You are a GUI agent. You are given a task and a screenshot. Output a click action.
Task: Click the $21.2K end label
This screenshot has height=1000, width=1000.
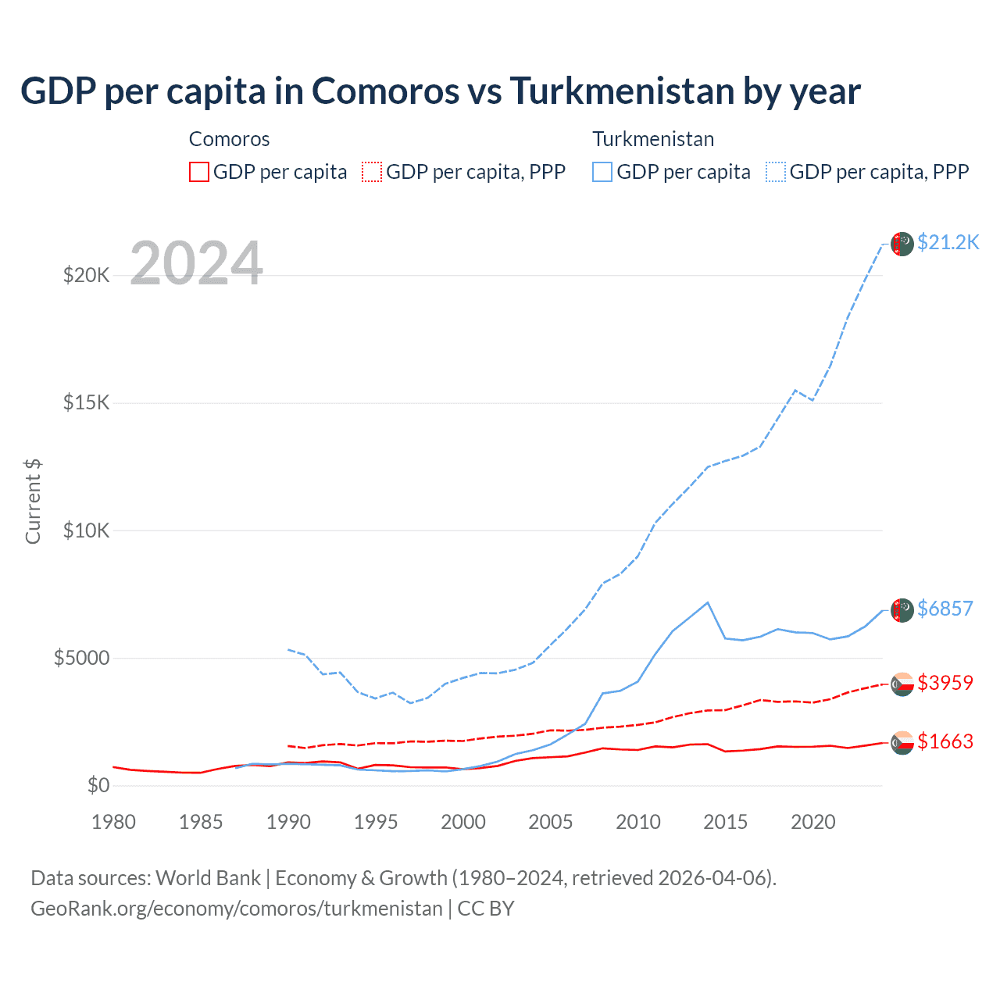pos(948,243)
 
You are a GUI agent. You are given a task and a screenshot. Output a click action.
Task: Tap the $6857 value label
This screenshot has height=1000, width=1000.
pos(945,609)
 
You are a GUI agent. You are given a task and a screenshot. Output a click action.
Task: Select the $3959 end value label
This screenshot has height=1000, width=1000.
pos(945,683)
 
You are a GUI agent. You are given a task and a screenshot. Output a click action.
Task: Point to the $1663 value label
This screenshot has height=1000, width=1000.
pos(945,741)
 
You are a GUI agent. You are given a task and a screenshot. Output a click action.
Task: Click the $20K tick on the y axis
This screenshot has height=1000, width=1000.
pos(86,275)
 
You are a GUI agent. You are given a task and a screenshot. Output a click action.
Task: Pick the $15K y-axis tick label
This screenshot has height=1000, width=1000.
pos(86,403)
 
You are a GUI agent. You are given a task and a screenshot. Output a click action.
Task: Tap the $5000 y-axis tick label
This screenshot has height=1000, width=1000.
pos(81,658)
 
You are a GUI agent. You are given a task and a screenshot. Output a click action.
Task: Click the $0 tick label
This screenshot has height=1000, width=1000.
pos(98,785)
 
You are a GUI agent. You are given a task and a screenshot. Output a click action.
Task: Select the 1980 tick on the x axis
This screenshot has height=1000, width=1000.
pos(113,822)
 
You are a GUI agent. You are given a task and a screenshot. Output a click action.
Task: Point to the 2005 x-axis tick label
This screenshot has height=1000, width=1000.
pos(551,822)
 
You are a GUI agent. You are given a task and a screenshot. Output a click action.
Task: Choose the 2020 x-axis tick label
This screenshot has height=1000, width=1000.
pos(813,822)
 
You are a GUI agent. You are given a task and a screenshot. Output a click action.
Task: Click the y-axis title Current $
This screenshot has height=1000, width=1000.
pos(33,502)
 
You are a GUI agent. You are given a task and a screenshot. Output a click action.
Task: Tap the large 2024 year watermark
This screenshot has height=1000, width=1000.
pos(196,263)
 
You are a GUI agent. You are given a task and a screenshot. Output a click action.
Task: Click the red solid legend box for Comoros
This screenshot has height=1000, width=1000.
pos(199,172)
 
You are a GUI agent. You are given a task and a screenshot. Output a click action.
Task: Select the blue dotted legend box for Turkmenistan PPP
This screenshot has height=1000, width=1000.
pos(776,172)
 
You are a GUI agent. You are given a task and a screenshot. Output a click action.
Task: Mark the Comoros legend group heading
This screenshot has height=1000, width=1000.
pos(229,139)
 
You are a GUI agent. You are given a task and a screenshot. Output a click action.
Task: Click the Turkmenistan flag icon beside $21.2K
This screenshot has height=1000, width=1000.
pos(902,244)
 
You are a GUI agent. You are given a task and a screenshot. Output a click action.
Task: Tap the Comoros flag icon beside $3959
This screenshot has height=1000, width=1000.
pos(902,684)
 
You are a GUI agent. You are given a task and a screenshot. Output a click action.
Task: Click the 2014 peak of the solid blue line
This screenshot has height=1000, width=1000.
pos(708,602)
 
